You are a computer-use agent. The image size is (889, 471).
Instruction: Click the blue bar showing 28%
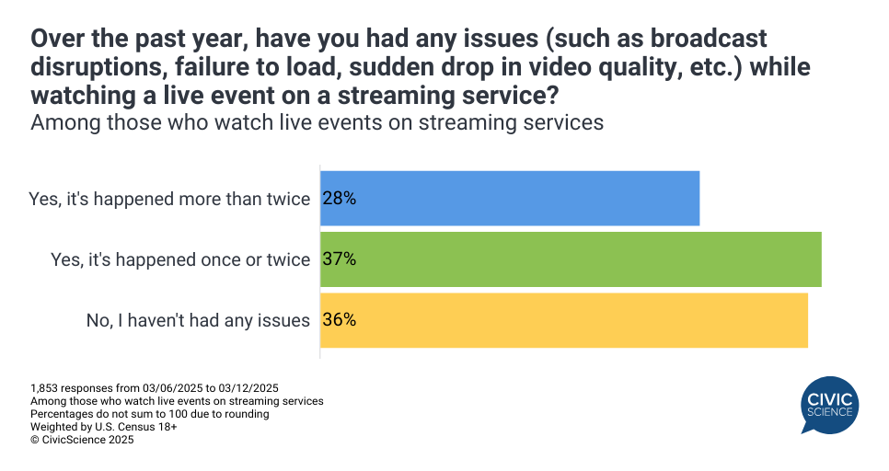point(510,199)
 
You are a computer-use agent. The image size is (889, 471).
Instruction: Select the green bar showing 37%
point(571,259)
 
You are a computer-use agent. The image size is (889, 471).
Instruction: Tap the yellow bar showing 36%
point(563,320)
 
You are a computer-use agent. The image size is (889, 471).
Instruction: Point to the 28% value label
point(339,199)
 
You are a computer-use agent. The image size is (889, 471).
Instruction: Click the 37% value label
point(339,259)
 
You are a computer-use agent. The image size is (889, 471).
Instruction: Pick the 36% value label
point(339,320)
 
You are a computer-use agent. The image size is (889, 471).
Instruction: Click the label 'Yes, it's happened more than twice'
point(169,199)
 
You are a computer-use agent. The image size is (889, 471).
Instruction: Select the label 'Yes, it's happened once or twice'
point(179,260)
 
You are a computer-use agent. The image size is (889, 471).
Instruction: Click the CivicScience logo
point(829,406)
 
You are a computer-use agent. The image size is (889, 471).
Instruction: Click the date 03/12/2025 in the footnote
point(253,387)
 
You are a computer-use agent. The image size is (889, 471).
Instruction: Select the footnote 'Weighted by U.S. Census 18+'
point(103,427)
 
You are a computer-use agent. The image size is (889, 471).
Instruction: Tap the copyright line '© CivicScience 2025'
point(82,441)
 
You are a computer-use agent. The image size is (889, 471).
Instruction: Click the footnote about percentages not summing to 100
point(149,414)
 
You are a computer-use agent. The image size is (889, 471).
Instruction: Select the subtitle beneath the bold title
point(317,122)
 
